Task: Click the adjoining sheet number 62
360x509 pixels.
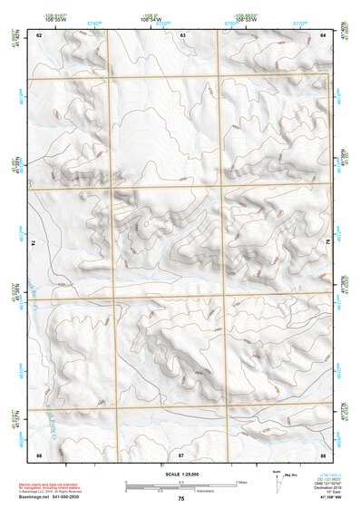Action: (40, 34)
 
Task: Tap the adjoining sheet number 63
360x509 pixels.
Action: (182, 34)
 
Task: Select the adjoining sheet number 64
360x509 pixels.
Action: (323, 34)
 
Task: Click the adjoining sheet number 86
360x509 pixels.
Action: (39, 453)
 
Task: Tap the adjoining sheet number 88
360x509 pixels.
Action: (323, 453)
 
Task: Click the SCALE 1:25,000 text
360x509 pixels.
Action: (180, 474)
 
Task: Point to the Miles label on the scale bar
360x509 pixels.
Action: (241, 481)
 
